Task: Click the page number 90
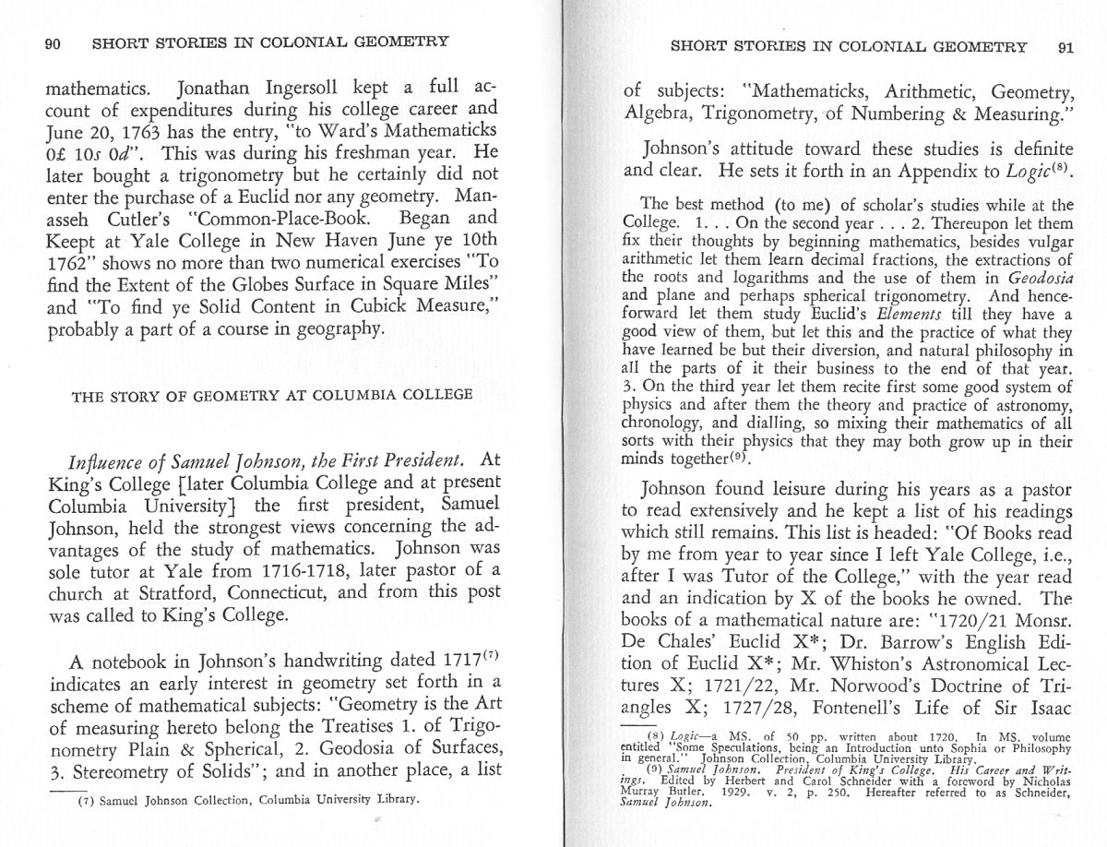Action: (x=53, y=42)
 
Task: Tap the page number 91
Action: (x=1065, y=47)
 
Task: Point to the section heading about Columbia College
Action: (x=272, y=395)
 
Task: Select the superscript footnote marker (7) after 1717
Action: (x=493, y=661)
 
